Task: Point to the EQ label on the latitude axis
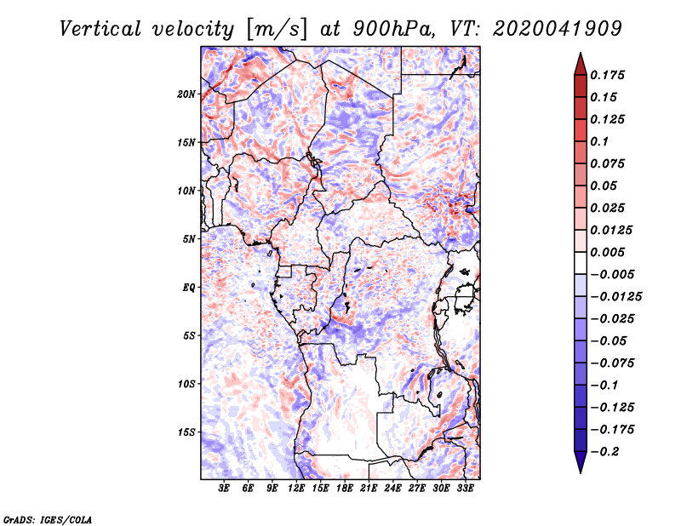[x=189, y=287]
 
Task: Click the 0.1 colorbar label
[x=602, y=141]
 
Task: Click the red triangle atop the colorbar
[x=580, y=64]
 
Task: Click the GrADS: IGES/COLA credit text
[x=48, y=518]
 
